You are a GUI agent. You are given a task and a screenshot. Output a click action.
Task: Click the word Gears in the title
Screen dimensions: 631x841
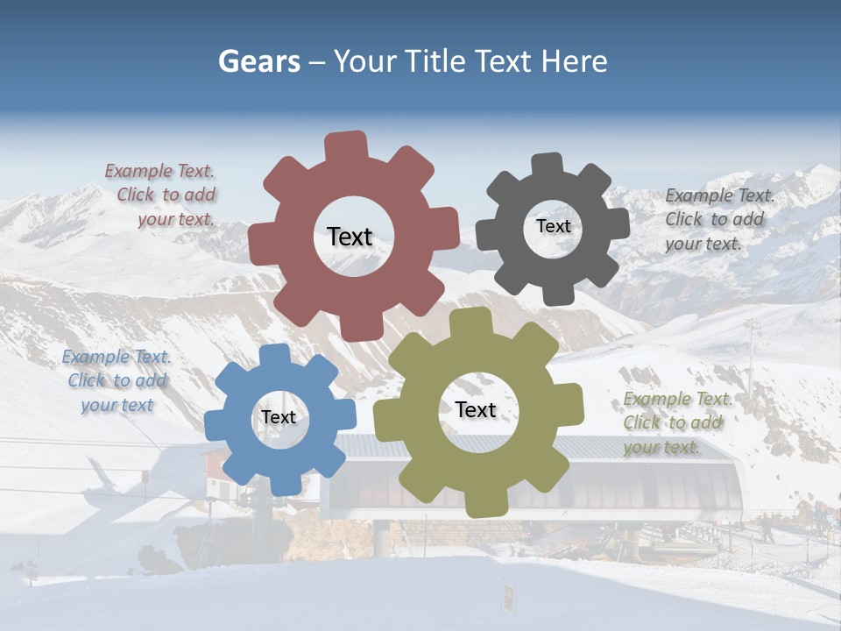[258, 61]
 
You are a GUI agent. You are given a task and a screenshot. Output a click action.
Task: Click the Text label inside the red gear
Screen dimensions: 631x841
[350, 237]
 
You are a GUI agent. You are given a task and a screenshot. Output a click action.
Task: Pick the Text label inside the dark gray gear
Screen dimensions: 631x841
[553, 226]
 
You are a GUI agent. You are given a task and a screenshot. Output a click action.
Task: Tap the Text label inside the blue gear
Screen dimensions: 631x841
[279, 417]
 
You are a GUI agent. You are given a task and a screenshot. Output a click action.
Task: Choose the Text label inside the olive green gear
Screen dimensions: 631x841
[476, 409]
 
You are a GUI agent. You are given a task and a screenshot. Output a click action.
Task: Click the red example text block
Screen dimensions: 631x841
[162, 195]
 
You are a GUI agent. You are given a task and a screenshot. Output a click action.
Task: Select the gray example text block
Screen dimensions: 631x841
[718, 219]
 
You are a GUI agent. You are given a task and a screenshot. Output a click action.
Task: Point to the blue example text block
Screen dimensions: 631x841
[117, 380]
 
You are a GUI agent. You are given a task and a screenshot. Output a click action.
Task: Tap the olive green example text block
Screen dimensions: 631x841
[676, 422]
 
